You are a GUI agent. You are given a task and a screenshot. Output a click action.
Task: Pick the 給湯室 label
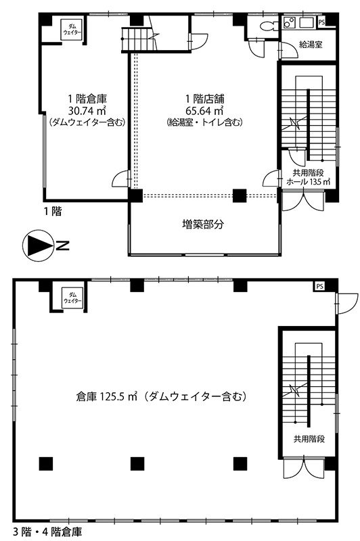pos(311,44)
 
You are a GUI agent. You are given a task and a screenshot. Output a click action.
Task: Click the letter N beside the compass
pos(62,246)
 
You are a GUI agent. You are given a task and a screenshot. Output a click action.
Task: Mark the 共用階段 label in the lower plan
pos(309,439)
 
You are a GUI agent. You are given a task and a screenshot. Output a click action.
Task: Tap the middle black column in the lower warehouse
pos(137,463)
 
